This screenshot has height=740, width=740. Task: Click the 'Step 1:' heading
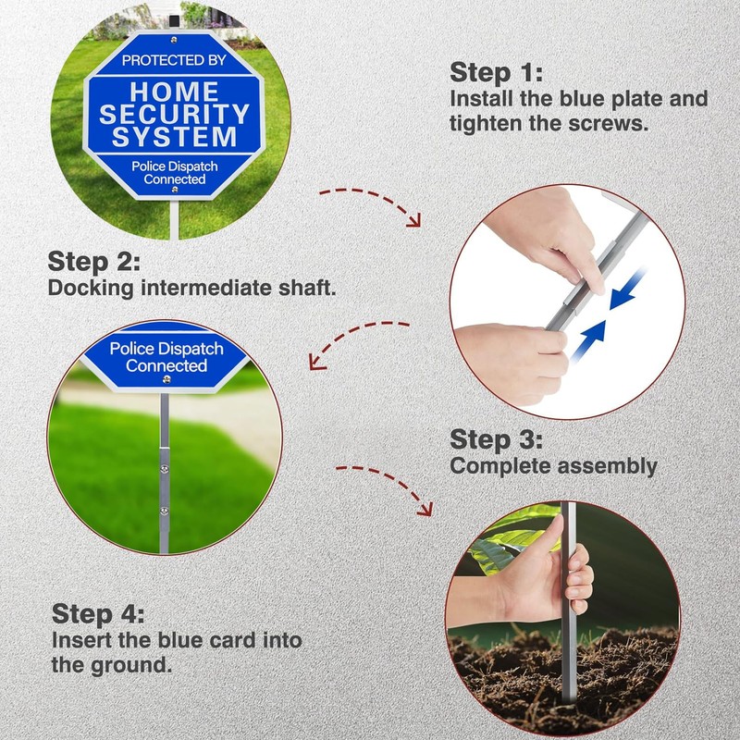click(496, 73)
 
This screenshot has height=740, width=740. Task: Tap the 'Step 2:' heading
click(94, 262)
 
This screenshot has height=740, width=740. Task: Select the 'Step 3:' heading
click(496, 440)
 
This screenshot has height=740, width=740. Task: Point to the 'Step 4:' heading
click(98, 613)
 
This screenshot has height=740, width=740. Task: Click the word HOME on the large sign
click(175, 92)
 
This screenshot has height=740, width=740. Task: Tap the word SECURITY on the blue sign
click(174, 114)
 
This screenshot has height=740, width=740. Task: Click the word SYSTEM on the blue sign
click(174, 137)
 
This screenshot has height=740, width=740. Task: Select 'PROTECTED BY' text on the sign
click(174, 60)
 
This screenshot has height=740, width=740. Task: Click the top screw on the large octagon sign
click(174, 40)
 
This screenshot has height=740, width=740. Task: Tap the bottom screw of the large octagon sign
click(175, 190)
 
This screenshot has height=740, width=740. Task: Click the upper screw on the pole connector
click(165, 469)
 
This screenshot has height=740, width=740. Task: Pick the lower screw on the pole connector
click(165, 511)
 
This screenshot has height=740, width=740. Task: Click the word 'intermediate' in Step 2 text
click(206, 288)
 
